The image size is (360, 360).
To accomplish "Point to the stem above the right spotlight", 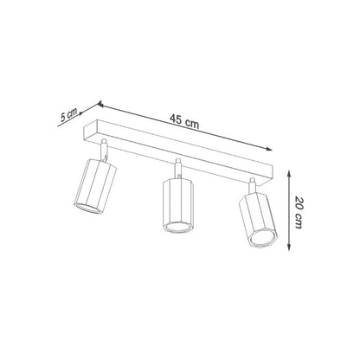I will click(252, 185).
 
